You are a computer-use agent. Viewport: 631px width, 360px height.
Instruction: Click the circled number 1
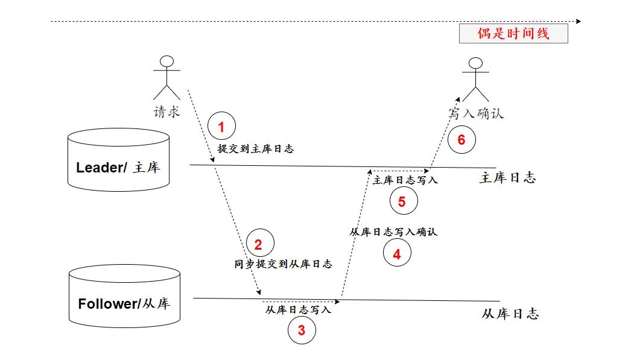221,127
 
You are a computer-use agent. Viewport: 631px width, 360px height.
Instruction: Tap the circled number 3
302,330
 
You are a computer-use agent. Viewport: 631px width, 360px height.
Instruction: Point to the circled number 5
403,202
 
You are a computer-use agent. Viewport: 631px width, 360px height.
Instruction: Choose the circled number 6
461,140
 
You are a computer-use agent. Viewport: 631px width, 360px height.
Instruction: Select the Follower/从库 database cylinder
124,295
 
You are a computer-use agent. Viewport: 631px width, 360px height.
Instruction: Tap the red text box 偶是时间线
513,33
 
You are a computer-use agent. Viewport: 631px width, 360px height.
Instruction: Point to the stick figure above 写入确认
475,78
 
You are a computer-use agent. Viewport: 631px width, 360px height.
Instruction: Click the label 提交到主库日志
255,149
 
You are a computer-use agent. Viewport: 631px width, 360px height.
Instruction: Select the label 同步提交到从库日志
283,264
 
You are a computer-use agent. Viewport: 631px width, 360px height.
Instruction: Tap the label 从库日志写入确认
393,232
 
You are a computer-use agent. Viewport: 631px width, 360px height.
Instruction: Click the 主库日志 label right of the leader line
507,178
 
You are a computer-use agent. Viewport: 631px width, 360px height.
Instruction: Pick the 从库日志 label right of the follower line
510,314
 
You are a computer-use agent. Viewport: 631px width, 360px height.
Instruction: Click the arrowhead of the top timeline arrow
579,22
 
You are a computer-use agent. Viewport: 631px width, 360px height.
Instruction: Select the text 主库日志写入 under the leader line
405,180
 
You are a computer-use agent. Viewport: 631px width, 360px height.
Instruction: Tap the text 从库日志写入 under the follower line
298,310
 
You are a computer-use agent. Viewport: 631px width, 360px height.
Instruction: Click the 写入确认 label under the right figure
475,113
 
